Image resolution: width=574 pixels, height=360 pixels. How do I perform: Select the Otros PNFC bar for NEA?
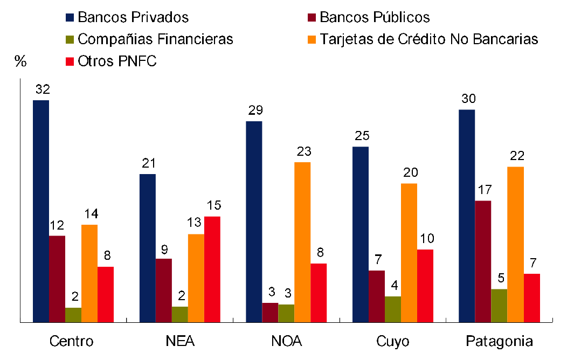pos(212,269)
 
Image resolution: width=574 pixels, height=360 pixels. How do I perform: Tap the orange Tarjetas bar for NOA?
pos(302,242)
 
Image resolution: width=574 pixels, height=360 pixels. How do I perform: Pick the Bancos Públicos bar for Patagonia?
pos(483,261)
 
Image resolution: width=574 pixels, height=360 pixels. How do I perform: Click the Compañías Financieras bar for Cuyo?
pos(393,309)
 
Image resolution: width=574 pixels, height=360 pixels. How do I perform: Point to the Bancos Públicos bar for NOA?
pos(270,313)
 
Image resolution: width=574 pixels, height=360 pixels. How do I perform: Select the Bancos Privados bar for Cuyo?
pos(361,234)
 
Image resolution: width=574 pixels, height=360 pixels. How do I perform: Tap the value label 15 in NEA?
pos(213,205)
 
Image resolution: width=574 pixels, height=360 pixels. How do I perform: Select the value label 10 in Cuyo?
pos(426,239)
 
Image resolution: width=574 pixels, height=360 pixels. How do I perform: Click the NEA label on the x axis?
pos(181,342)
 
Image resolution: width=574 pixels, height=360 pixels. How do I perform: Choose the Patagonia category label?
pos(499,342)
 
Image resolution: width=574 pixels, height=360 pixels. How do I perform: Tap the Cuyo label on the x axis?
pos(393,342)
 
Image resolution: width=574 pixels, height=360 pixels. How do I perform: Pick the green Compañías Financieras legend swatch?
pos(70,39)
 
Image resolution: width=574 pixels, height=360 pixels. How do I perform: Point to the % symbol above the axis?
pos(20,61)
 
